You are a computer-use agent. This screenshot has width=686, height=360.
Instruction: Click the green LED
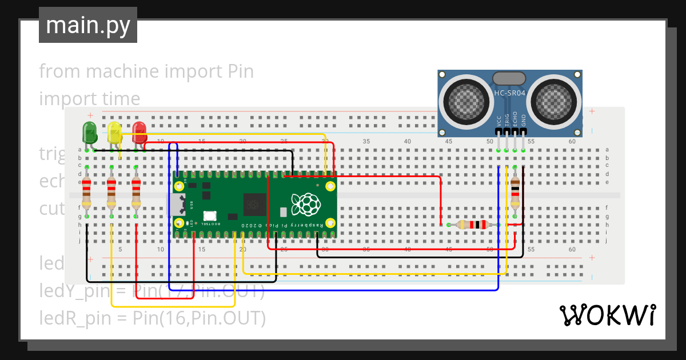tap(90, 132)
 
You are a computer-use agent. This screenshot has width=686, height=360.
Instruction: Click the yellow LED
tap(114, 132)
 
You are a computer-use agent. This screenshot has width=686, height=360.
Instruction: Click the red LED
tap(139, 132)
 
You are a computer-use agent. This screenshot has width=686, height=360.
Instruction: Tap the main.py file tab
tap(88, 26)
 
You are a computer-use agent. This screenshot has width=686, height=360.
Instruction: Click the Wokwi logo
tap(607, 315)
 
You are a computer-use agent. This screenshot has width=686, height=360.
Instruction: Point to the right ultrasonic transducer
tap(553, 101)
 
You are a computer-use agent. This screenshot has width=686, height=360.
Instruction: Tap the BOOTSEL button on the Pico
tap(209, 216)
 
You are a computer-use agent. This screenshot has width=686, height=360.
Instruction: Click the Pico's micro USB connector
tap(177, 204)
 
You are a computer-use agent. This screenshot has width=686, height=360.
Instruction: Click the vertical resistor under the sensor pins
tap(515, 191)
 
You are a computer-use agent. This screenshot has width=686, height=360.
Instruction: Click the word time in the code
tap(117, 99)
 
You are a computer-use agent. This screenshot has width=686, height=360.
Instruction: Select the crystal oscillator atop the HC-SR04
tap(509, 78)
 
